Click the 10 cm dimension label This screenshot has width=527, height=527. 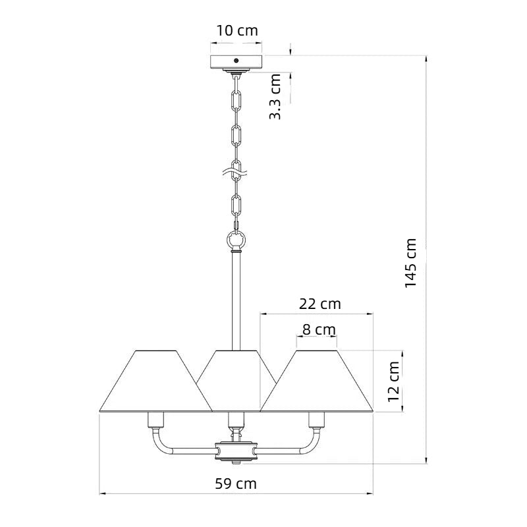[x=237, y=30]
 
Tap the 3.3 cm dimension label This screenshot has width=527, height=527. [x=275, y=97]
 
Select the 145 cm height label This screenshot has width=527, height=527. [x=410, y=263]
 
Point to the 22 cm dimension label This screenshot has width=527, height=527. [x=319, y=304]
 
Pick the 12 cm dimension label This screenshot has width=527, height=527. [x=393, y=381]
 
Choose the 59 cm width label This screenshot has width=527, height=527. [x=236, y=484]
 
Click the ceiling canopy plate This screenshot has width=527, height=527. [x=236, y=62]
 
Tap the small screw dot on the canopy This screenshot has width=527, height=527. [x=236, y=61]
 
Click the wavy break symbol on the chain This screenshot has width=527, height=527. [x=235, y=173]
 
